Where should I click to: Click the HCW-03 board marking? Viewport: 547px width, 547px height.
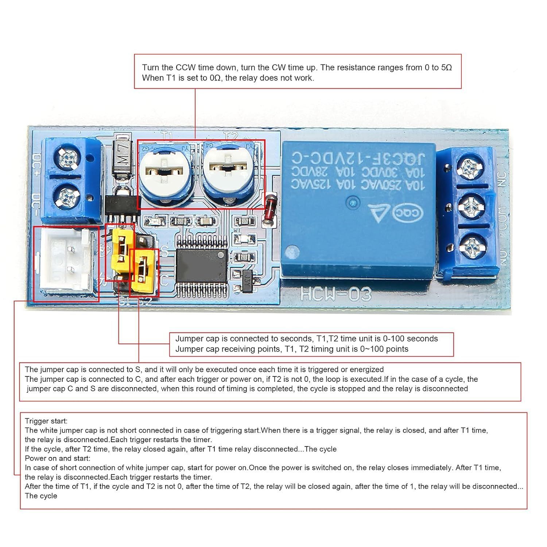click(x=336, y=294)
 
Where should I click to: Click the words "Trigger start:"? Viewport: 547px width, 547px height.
click(x=46, y=421)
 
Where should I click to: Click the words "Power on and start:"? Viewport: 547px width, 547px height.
click(x=57, y=458)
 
